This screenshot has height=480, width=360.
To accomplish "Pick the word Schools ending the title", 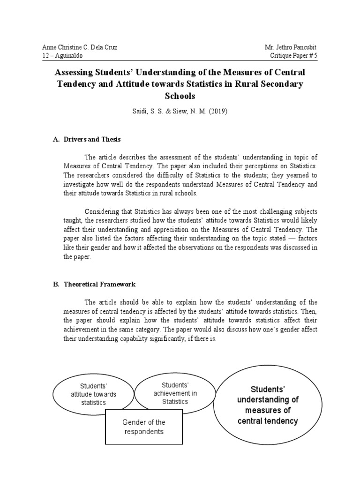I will (x=180, y=96).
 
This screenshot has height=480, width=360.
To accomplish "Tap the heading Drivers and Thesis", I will (x=95, y=139).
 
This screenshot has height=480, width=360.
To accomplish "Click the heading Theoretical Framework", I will (x=99, y=284).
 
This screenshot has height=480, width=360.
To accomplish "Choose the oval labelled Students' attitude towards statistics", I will (x=93, y=394).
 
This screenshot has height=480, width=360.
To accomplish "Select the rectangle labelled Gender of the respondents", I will (x=143, y=427).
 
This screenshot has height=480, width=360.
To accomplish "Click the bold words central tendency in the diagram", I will (x=267, y=421).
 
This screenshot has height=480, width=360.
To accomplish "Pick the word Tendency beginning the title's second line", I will (x=76, y=84).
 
